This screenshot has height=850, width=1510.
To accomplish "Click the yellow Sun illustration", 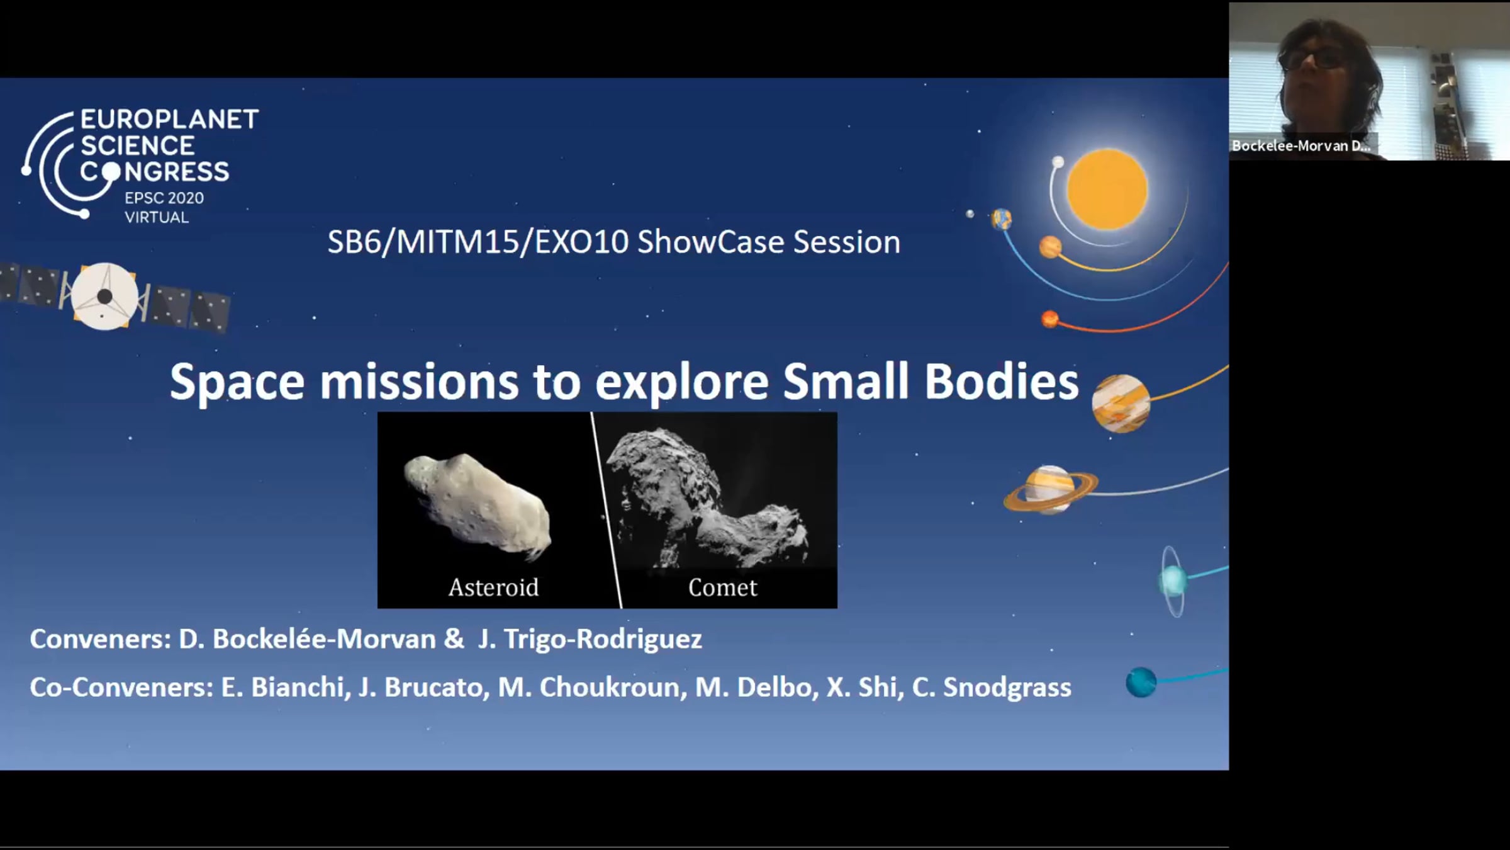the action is coord(1107,189).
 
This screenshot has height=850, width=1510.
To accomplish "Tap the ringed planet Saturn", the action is coord(1050,489).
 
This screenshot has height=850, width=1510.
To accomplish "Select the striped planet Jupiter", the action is coord(1121,404).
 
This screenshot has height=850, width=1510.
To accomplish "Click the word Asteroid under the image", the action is coord(493,587).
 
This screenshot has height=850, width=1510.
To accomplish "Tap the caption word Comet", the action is coord(722,587).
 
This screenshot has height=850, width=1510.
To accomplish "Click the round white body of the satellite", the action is coord(104,297).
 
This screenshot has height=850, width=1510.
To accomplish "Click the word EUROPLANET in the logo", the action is coord(169,120).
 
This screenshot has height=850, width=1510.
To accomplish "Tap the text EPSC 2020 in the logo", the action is coord(164,198).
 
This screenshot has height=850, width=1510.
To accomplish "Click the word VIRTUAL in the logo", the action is coord(157,218).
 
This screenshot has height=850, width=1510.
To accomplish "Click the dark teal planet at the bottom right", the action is coord(1141,682).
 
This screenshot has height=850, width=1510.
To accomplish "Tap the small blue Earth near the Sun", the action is coord(1001,219).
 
